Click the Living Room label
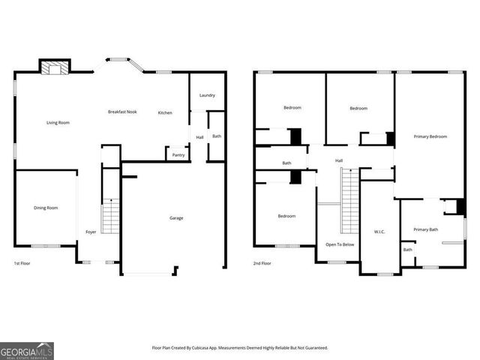58,122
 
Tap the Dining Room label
45,208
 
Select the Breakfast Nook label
122,112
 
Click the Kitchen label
165,113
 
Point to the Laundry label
207,95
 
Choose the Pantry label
178,154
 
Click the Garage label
176,218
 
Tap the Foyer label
91,232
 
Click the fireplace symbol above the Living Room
54,68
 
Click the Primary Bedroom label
430,136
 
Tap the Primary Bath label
425,229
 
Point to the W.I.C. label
379,232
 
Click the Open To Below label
340,244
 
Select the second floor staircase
350,200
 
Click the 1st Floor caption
22,264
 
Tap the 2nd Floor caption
262,264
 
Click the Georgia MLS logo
27,350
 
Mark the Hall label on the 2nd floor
339,160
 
